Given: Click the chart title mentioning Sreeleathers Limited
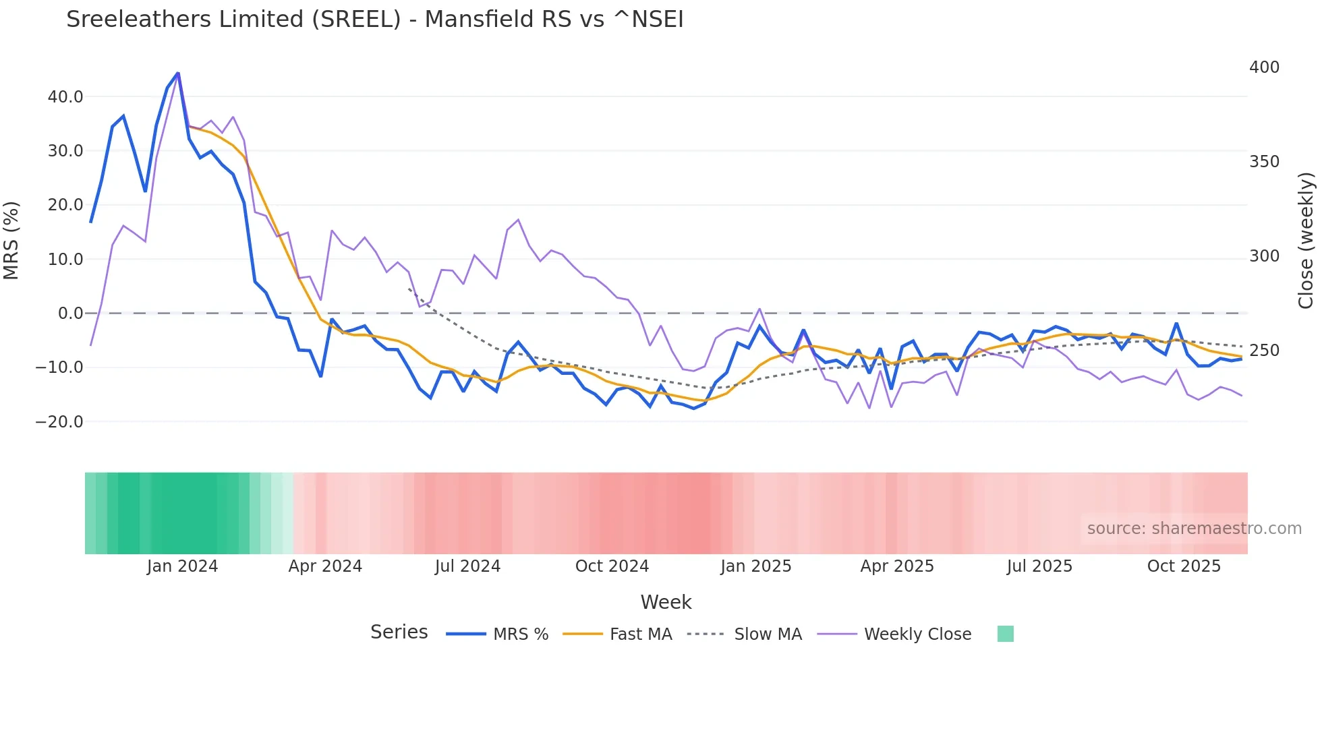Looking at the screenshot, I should click(374, 20).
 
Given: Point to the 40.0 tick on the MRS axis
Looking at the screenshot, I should click(65, 96).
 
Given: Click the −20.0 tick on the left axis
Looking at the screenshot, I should click(59, 422).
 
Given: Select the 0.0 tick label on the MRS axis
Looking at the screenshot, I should click(70, 314).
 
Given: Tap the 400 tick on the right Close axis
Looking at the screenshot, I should click(1264, 67).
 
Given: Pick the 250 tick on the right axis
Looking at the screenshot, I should click(1264, 351).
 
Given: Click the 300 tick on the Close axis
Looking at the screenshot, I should click(1264, 256).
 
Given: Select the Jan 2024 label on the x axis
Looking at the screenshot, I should click(182, 566).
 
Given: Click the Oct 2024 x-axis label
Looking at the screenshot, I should click(612, 566).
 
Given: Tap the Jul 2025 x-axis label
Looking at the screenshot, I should click(1039, 566).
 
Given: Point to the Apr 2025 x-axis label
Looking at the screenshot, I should click(897, 566).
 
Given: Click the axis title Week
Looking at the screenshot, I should click(666, 602).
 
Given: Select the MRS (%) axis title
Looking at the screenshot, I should click(11, 241).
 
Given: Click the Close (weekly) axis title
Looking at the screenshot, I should click(1306, 241).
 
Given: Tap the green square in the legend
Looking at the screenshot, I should click(1005, 634).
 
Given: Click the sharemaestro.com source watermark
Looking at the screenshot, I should click(1194, 529).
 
